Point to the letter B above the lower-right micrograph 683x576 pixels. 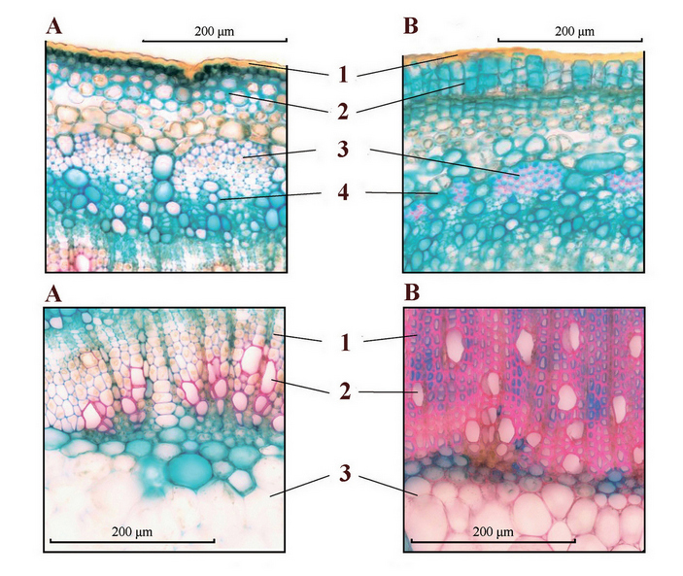click(412, 293)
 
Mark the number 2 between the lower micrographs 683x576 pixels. click(345, 392)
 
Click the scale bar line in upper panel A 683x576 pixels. click(215, 41)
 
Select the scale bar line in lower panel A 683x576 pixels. click(131, 541)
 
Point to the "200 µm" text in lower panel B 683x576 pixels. click(492, 530)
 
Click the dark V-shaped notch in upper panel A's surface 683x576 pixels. click(201, 73)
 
